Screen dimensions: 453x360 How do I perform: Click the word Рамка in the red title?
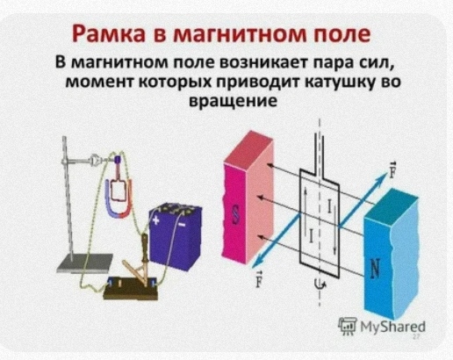pyautogui.click(x=109, y=33)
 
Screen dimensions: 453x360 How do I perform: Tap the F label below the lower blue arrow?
pyautogui.click(x=258, y=278)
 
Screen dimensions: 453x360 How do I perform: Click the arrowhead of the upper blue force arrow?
pyautogui.click(x=384, y=175)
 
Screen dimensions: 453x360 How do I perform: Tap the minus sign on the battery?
pyautogui.click(x=182, y=225)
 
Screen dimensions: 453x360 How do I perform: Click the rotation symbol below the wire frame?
pyautogui.click(x=320, y=284)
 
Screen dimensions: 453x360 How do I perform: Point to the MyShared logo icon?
pyautogui.click(x=348, y=326)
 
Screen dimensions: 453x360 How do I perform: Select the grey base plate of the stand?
pyautogui.click(x=85, y=263)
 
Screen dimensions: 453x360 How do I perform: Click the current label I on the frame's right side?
pyautogui.click(x=329, y=206)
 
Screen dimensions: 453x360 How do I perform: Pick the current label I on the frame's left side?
pyautogui.click(x=311, y=235)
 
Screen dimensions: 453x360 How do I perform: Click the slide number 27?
pyautogui.click(x=416, y=337)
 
